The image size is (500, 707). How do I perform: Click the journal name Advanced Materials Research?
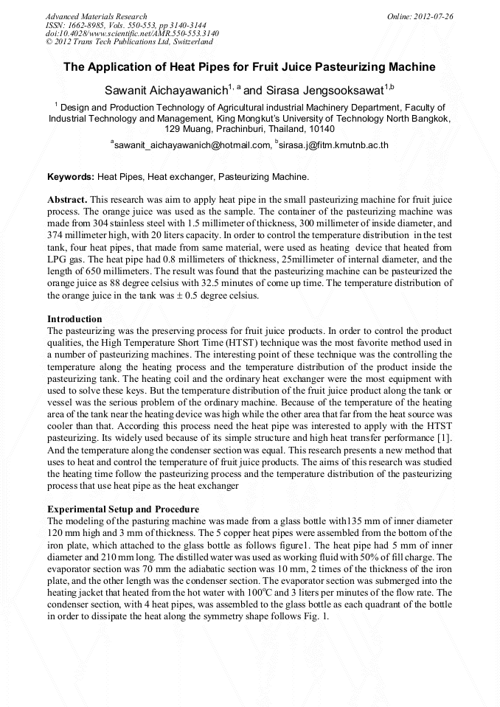[96, 16]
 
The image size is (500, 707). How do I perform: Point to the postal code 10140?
[321, 128]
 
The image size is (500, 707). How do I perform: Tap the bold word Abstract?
[67, 201]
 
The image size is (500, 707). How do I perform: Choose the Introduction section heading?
[74, 319]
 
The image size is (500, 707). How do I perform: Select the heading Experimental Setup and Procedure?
[122, 509]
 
